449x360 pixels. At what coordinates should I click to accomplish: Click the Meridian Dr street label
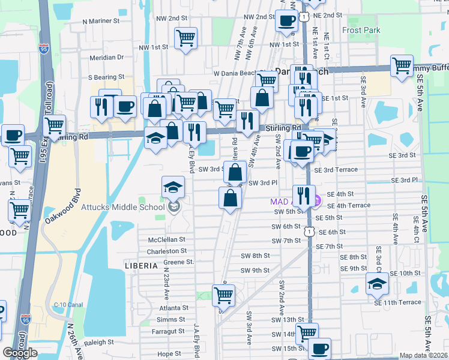(x=106, y=58)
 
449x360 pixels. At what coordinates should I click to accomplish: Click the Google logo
(x=20, y=353)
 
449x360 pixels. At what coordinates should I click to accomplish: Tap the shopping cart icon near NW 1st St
(x=186, y=38)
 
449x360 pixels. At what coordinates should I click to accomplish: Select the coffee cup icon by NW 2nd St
(x=287, y=21)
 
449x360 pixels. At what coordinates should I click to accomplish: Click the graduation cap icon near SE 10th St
(x=377, y=283)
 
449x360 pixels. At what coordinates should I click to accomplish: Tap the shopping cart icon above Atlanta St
(x=223, y=295)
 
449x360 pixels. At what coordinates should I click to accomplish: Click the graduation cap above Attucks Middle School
(x=173, y=187)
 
